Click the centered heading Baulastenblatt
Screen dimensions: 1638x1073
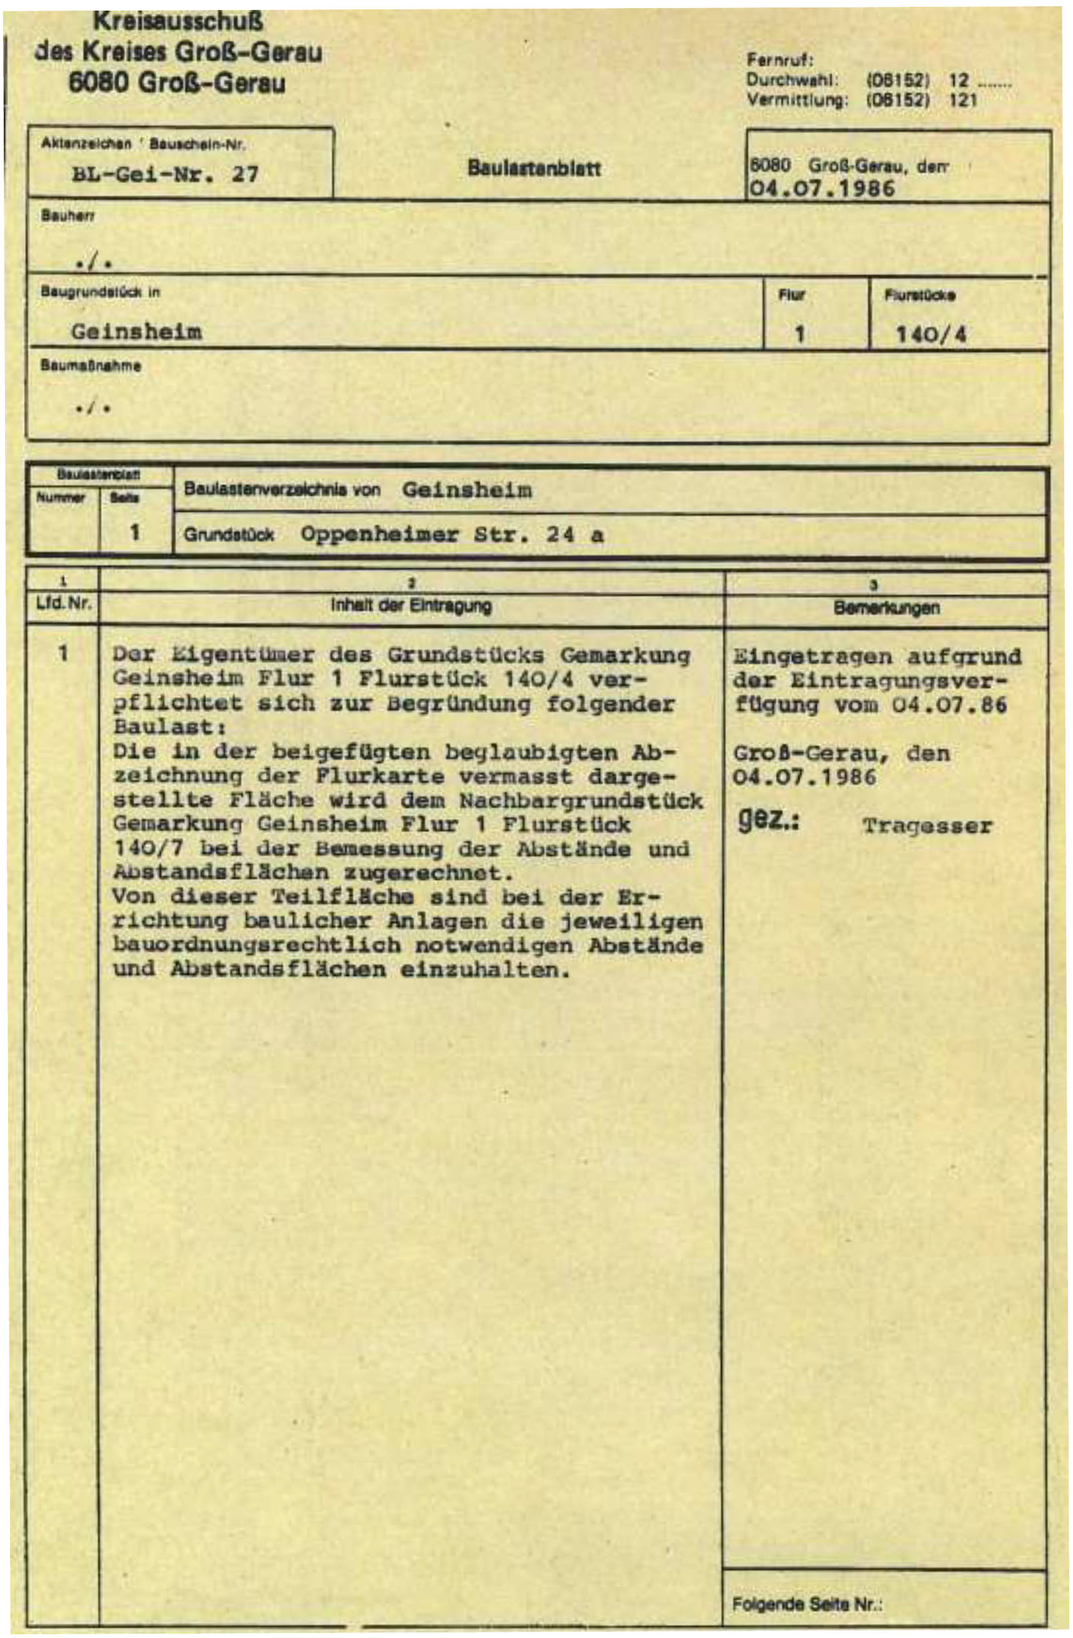click(x=534, y=169)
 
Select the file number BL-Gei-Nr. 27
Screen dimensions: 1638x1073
click(x=165, y=174)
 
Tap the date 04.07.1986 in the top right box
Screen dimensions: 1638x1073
click(x=822, y=188)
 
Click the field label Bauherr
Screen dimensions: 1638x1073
click(x=67, y=217)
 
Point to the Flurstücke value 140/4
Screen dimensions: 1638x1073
click(x=931, y=335)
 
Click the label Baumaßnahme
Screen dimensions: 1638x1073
click(x=90, y=366)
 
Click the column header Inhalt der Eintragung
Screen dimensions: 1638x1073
click(x=411, y=605)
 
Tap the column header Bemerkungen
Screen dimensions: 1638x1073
click(x=886, y=608)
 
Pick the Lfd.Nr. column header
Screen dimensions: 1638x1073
click(x=63, y=605)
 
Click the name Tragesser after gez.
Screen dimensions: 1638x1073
click(x=926, y=826)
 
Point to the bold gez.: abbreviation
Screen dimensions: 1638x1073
click(x=767, y=821)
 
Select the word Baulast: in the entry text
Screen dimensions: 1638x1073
click(x=169, y=727)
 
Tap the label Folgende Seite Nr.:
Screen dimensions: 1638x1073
click(x=807, y=1604)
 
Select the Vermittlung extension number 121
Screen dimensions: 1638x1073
click(x=963, y=101)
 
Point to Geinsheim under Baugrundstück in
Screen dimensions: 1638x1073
click(x=136, y=332)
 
